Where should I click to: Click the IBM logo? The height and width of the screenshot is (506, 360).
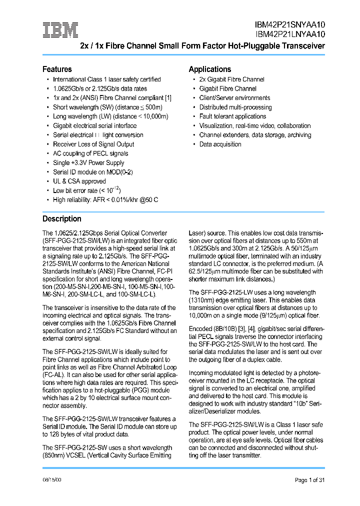[60, 30]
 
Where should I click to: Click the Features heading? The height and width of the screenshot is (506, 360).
[57, 69]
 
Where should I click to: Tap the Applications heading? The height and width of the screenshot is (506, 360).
[209, 69]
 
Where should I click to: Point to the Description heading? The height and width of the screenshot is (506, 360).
[61, 218]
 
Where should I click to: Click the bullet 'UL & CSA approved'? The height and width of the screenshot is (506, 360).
[79, 181]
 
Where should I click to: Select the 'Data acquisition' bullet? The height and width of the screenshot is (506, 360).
[220, 144]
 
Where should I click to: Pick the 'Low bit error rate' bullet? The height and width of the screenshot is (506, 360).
[86, 190]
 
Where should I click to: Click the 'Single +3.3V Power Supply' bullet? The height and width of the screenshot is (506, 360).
[88, 163]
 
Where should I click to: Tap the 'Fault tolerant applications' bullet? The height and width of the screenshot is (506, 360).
[232, 116]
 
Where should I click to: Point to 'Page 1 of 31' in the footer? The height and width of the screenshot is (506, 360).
[309, 480]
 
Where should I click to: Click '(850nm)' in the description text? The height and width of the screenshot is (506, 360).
[54, 455]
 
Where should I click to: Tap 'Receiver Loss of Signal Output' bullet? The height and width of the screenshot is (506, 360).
[93, 144]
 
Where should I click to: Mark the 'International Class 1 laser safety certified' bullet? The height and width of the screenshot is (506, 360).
[106, 79]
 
